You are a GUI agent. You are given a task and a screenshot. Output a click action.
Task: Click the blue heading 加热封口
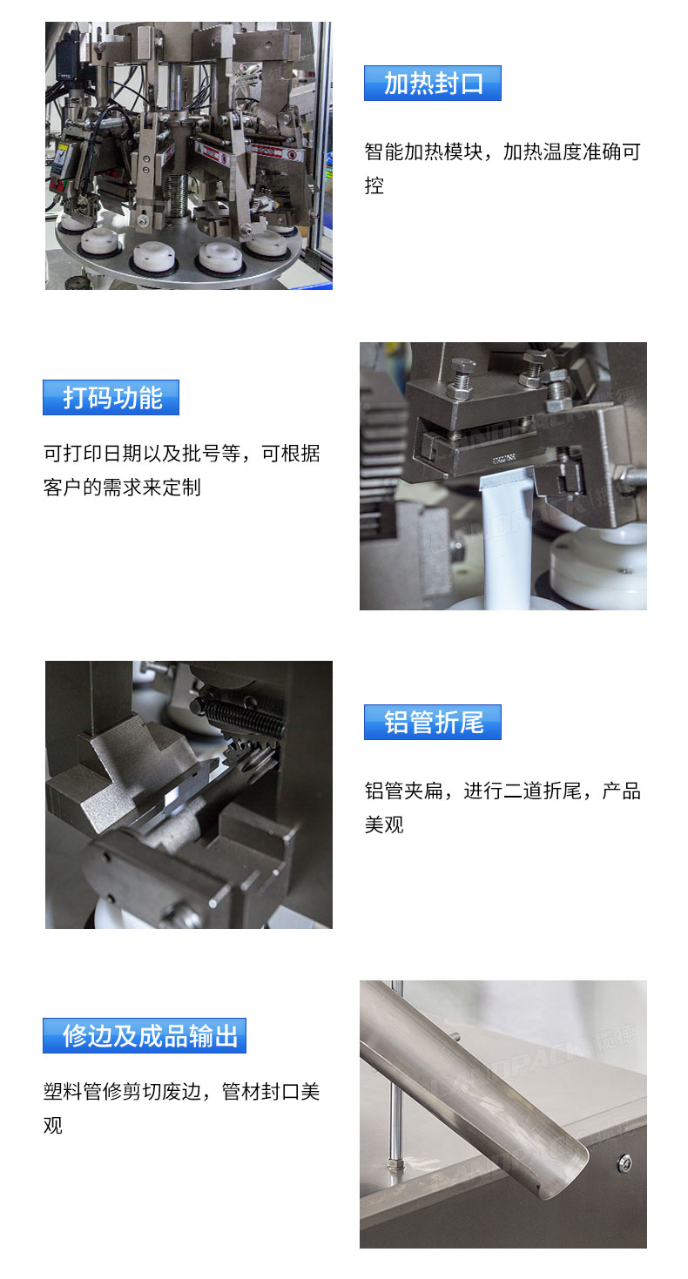pyautogui.click(x=432, y=84)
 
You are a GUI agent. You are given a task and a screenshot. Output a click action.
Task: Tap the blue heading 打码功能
pyautogui.click(x=111, y=398)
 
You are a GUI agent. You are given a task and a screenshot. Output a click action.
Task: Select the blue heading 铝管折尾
pyautogui.click(x=432, y=723)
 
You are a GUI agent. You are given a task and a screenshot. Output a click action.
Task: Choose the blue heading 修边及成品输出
pyautogui.click(x=145, y=1036)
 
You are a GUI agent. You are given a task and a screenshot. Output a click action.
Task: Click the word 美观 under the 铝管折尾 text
pyautogui.click(x=384, y=825)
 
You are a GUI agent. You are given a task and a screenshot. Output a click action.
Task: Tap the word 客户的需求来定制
pyautogui.click(x=122, y=488)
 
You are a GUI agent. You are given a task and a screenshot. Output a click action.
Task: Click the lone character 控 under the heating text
pyautogui.click(x=374, y=185)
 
